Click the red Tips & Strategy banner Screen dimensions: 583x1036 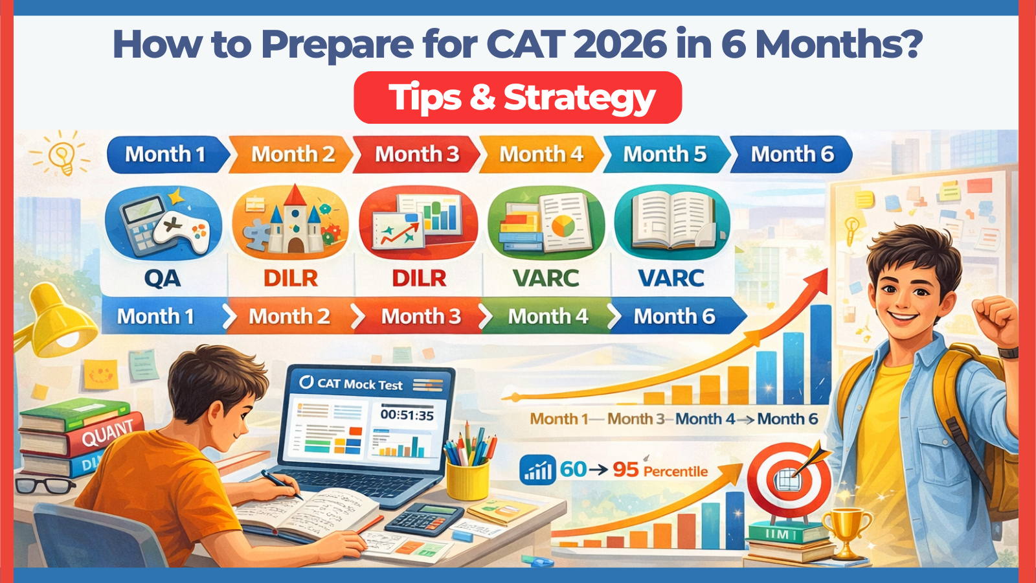coord(518,98)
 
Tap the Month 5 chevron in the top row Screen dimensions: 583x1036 coord(665,154)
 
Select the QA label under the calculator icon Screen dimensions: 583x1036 coord(162,278)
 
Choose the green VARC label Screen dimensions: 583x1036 coord(546,278)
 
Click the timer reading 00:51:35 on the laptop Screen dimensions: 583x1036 coord(407,415)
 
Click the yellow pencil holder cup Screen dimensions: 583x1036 coord(467,479)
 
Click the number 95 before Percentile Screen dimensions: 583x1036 coord(625,470)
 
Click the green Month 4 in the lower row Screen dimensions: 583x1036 coord(547,316)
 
